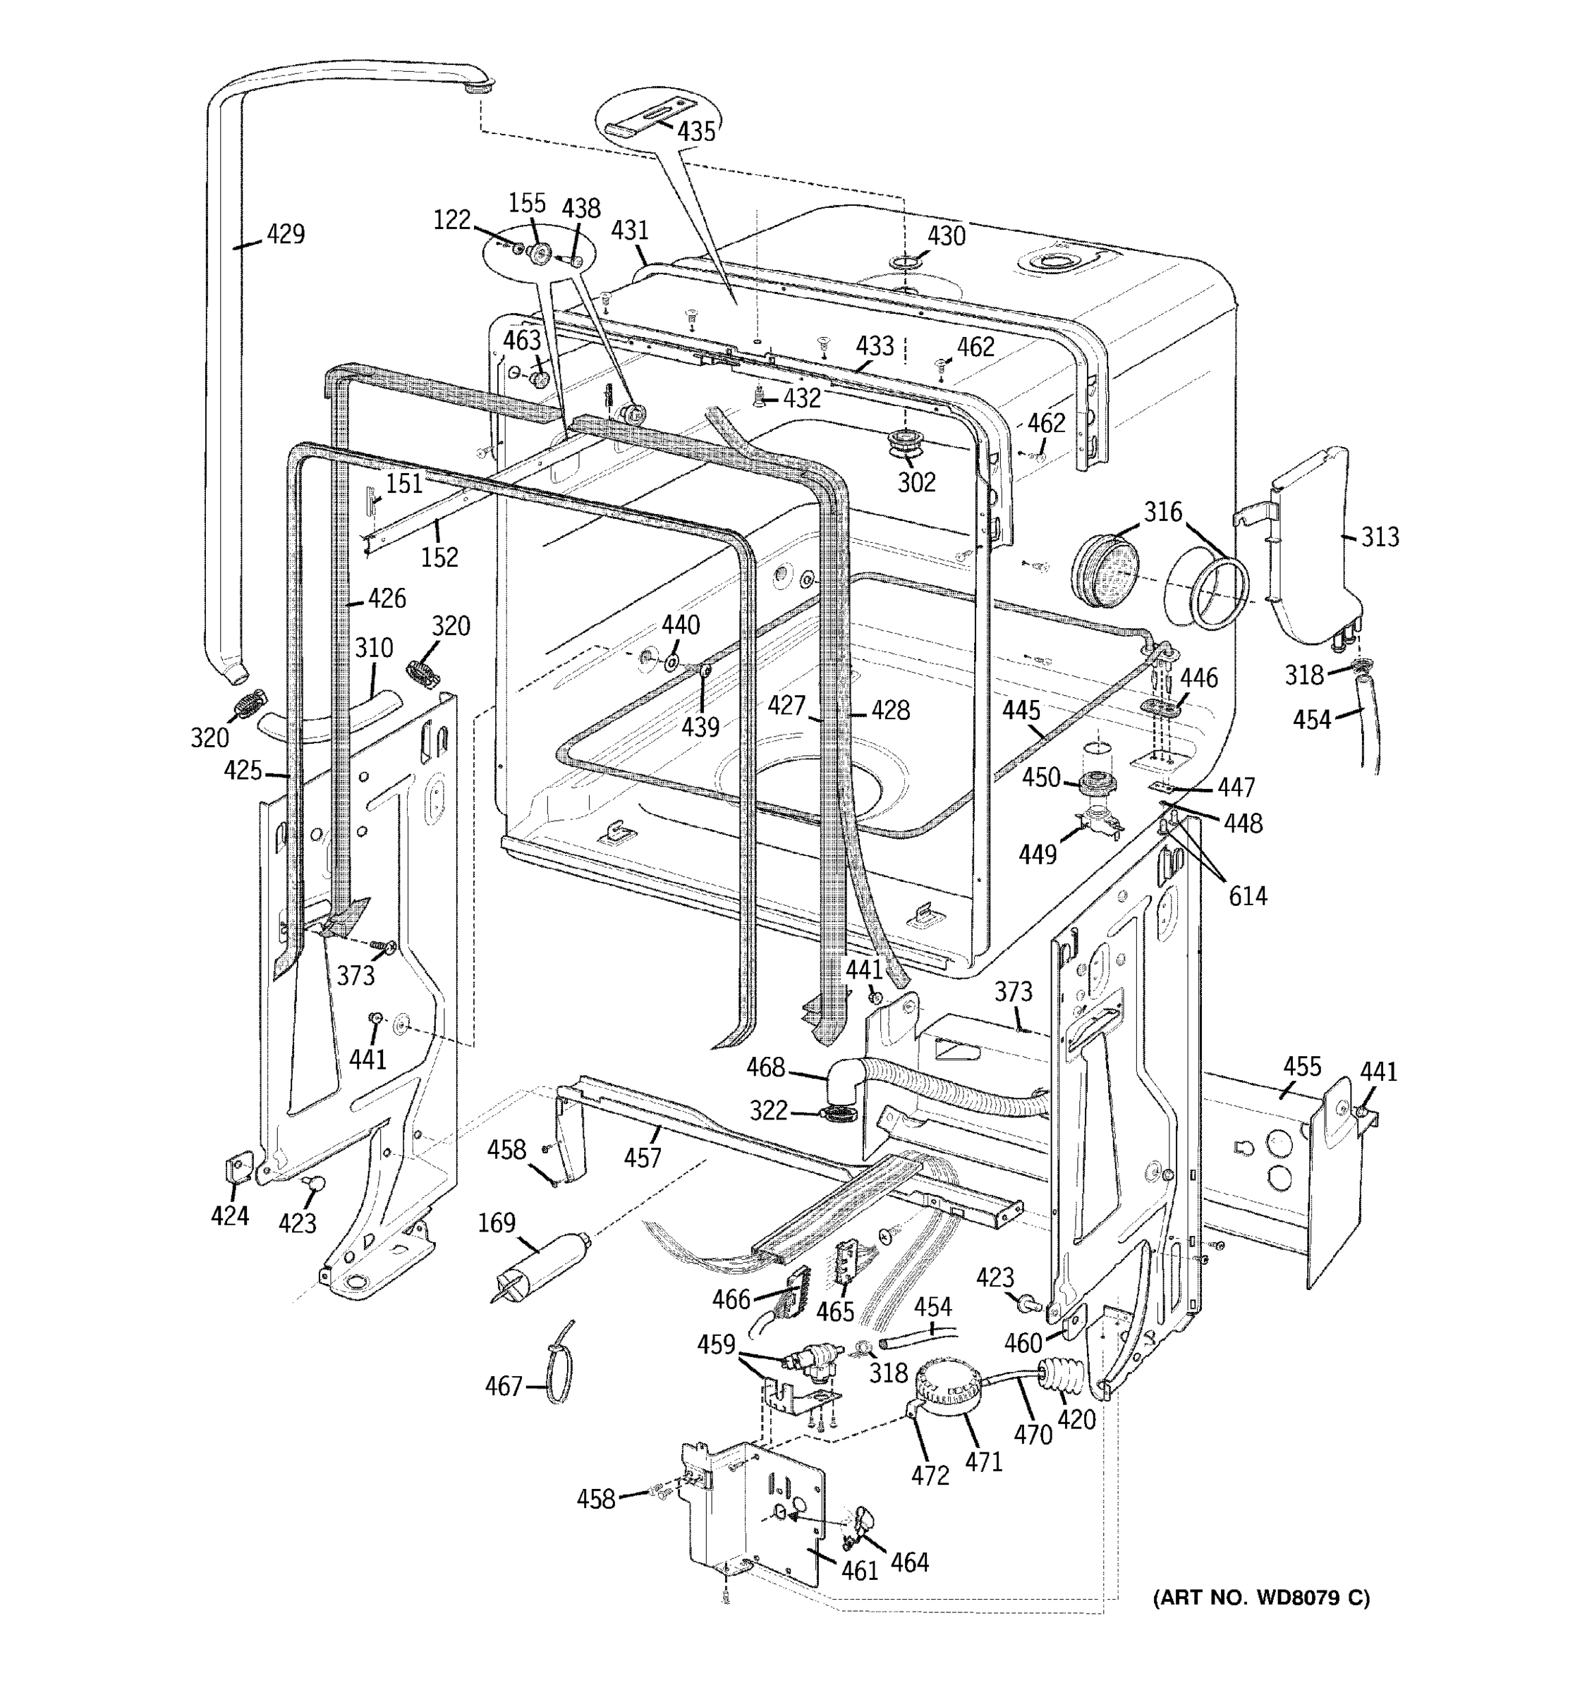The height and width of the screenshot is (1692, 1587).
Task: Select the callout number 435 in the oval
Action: coord(696,131)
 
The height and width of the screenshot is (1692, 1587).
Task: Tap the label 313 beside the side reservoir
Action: coord(1379,537)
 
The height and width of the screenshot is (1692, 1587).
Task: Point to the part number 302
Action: coord(916,483)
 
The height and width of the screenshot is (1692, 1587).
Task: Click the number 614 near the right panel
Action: coord(1247,896)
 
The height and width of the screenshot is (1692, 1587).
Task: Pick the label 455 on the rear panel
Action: coord(1302,1067)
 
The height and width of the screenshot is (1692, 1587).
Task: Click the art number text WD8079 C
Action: coord(1261,1598)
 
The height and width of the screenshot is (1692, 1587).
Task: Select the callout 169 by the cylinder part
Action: coord(497,1223)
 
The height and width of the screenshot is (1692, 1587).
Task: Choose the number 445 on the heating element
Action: coord(1021,710)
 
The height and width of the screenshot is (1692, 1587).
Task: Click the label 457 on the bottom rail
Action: coord(642,1158)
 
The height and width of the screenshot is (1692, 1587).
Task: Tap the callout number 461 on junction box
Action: coord(859,1570)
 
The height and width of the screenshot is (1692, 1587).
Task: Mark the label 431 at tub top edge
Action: coord(630,231)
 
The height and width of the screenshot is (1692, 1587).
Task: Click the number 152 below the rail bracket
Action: coord(439,558)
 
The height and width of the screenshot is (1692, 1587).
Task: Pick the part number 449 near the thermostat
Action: coord(1038,854)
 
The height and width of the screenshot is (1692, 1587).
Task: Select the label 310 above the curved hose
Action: coord(374,649)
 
